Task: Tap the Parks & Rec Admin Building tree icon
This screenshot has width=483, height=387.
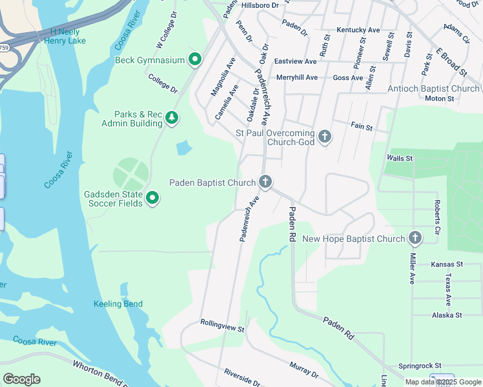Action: click(172, 118)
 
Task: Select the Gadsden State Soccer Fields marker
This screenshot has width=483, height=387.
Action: click(152, 198)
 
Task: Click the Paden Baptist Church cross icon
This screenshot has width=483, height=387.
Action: click(265, 183)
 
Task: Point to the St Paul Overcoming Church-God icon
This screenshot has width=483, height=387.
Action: click(325, 137)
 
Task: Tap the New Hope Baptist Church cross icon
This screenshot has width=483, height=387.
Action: click(415, 239)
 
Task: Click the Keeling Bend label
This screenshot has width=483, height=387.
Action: click(118, 304)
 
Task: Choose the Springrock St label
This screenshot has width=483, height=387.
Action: click(419, 365)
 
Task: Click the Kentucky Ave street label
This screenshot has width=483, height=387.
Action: click(358, 30)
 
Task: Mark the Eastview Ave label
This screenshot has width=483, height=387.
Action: click(295, 61)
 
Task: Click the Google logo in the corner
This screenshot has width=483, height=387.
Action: click(21, 379)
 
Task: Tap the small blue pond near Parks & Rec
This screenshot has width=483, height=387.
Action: click(184, 148)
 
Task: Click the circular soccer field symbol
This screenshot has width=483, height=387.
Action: click(131, 175)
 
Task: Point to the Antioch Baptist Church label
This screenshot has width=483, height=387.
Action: click(433, 88)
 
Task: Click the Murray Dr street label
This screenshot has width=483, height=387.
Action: click(303, 370)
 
